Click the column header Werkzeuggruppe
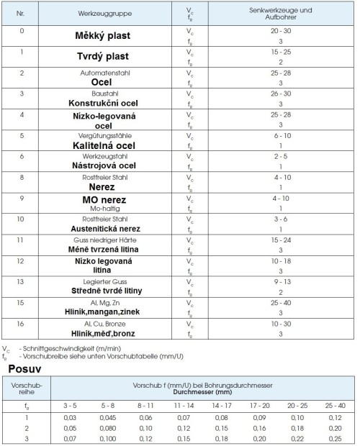[x=110, y=14]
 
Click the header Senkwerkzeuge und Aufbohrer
[x=280, y=14]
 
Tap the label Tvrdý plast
[x=110, y=57]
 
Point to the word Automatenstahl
[x=110, y=73]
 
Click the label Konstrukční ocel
[x=110, y=102]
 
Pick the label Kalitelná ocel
[x=110, y=145]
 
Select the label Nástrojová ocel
[x=110, y=165]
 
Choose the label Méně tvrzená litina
[x=110, y=248]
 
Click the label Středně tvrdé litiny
[x=110, y=290]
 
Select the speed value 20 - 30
[x=280, y=32]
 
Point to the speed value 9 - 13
[x=280, y=281]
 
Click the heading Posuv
[x=23, y=368]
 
